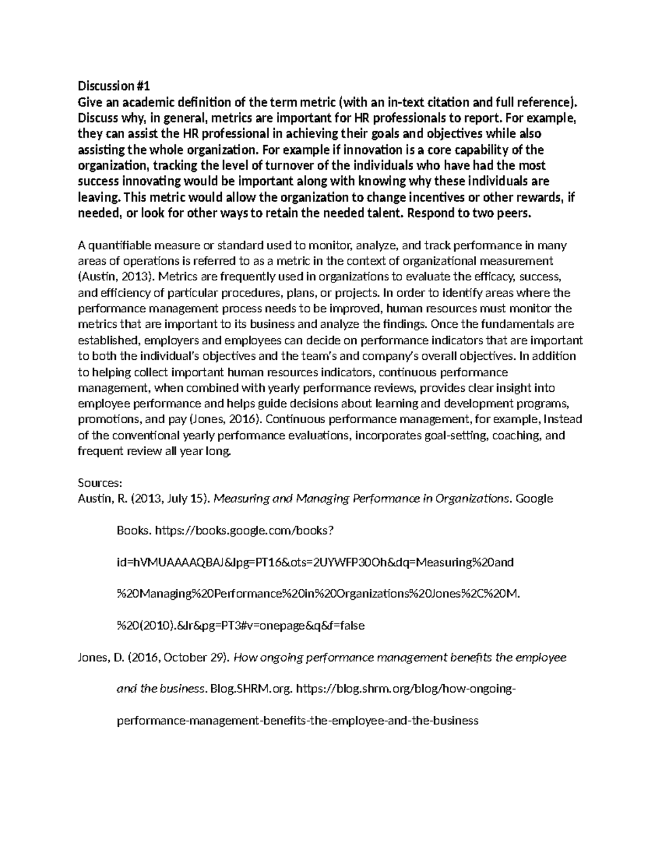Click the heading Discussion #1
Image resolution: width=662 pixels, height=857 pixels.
coord(113,86)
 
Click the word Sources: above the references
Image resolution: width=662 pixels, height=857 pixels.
coord(99,483)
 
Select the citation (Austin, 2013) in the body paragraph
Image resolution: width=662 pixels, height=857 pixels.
coord(110,276)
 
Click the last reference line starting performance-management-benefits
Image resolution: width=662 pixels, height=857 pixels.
coord(297,721)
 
